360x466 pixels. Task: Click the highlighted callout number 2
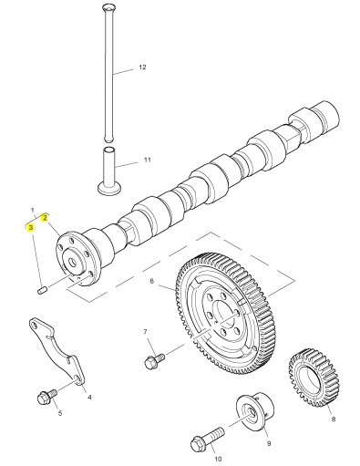45,217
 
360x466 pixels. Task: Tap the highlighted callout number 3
30,227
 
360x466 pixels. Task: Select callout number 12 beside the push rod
142,67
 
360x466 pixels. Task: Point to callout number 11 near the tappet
148,160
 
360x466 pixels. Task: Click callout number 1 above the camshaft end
32,210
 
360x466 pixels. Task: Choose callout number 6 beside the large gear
152,281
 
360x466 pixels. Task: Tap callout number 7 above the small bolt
145,332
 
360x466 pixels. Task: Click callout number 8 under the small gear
334,419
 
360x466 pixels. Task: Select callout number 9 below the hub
269,443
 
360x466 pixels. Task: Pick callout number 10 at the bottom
218,459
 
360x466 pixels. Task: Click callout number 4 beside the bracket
89,397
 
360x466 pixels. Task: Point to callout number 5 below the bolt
60,413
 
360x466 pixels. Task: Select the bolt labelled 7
155,360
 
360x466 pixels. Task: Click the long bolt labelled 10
208,438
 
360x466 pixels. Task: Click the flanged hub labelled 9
254,411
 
